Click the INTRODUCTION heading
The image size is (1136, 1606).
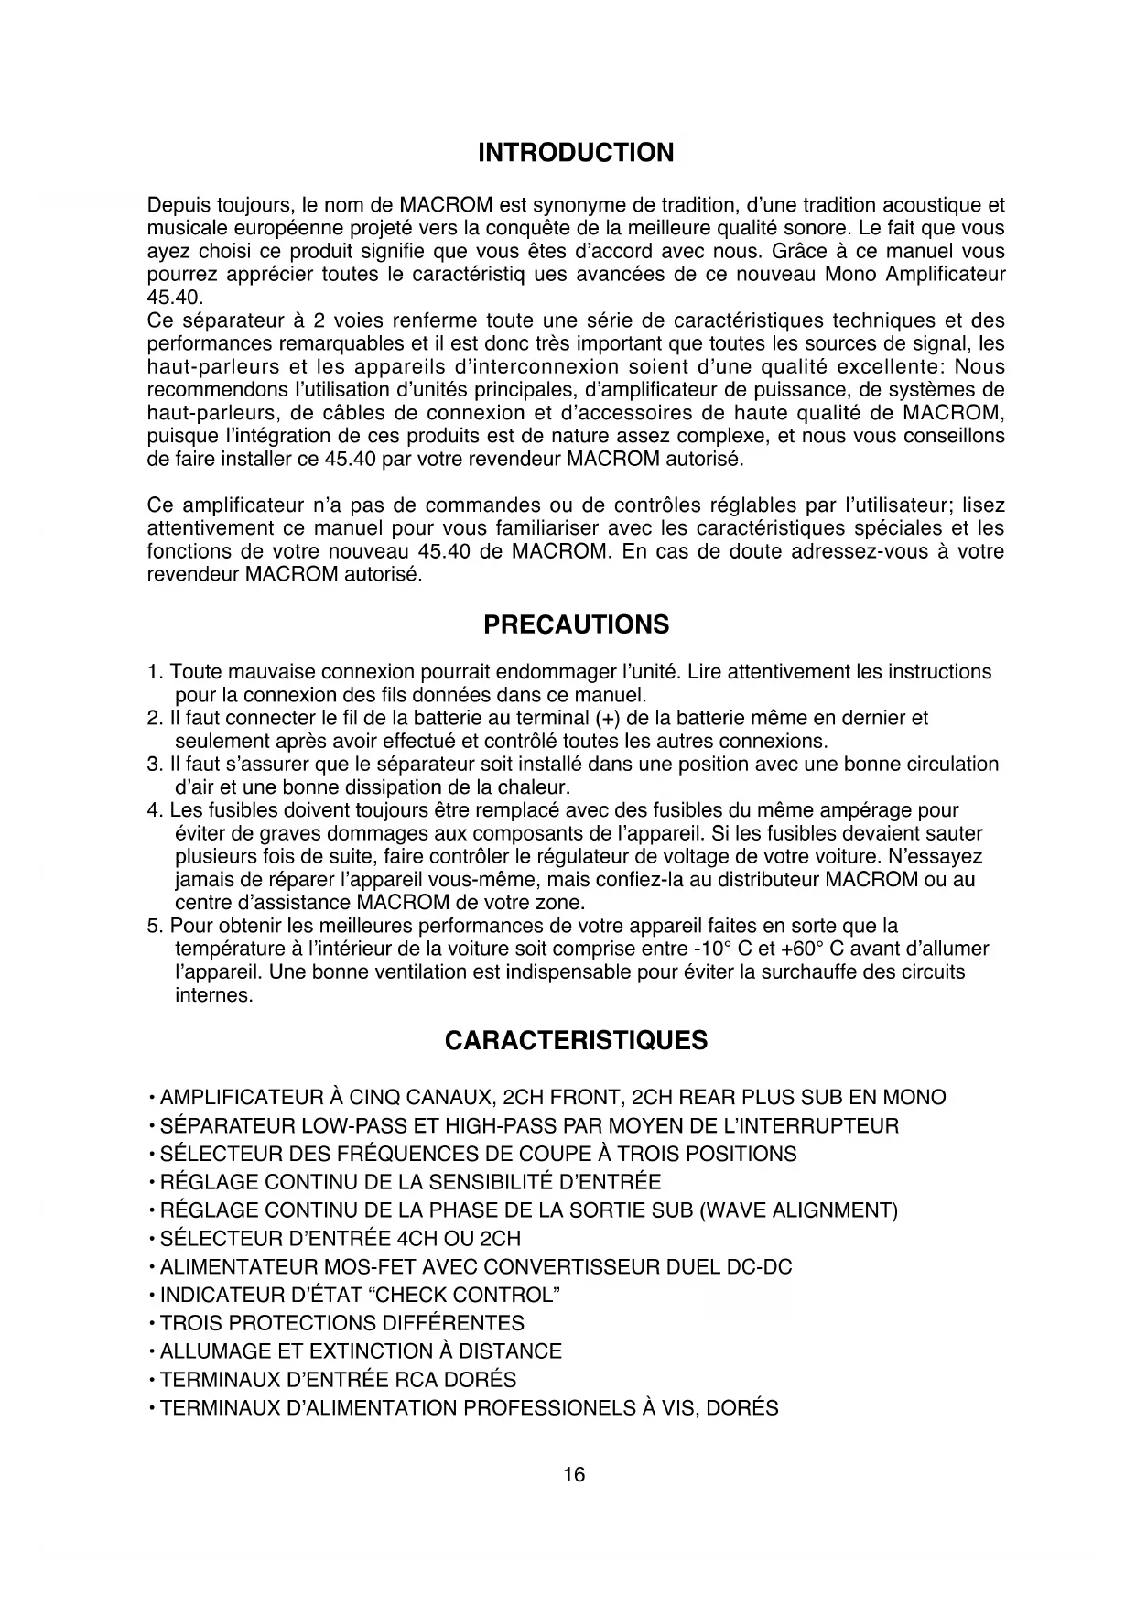(x=576, y=153)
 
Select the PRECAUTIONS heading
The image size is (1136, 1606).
(x=576, y=625)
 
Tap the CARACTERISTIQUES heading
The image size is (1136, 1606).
(x=576, y=1041)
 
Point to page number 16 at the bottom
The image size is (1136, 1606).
(x=574, y=1475)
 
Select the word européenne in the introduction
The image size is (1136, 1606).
(x=263, y=228)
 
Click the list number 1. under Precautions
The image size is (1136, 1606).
(x=155, y=672)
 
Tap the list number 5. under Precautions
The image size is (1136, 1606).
(x=155, y=926)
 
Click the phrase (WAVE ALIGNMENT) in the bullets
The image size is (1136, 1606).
(x=798, y=1211)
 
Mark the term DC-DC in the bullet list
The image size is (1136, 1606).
(x=758, y=1267)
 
